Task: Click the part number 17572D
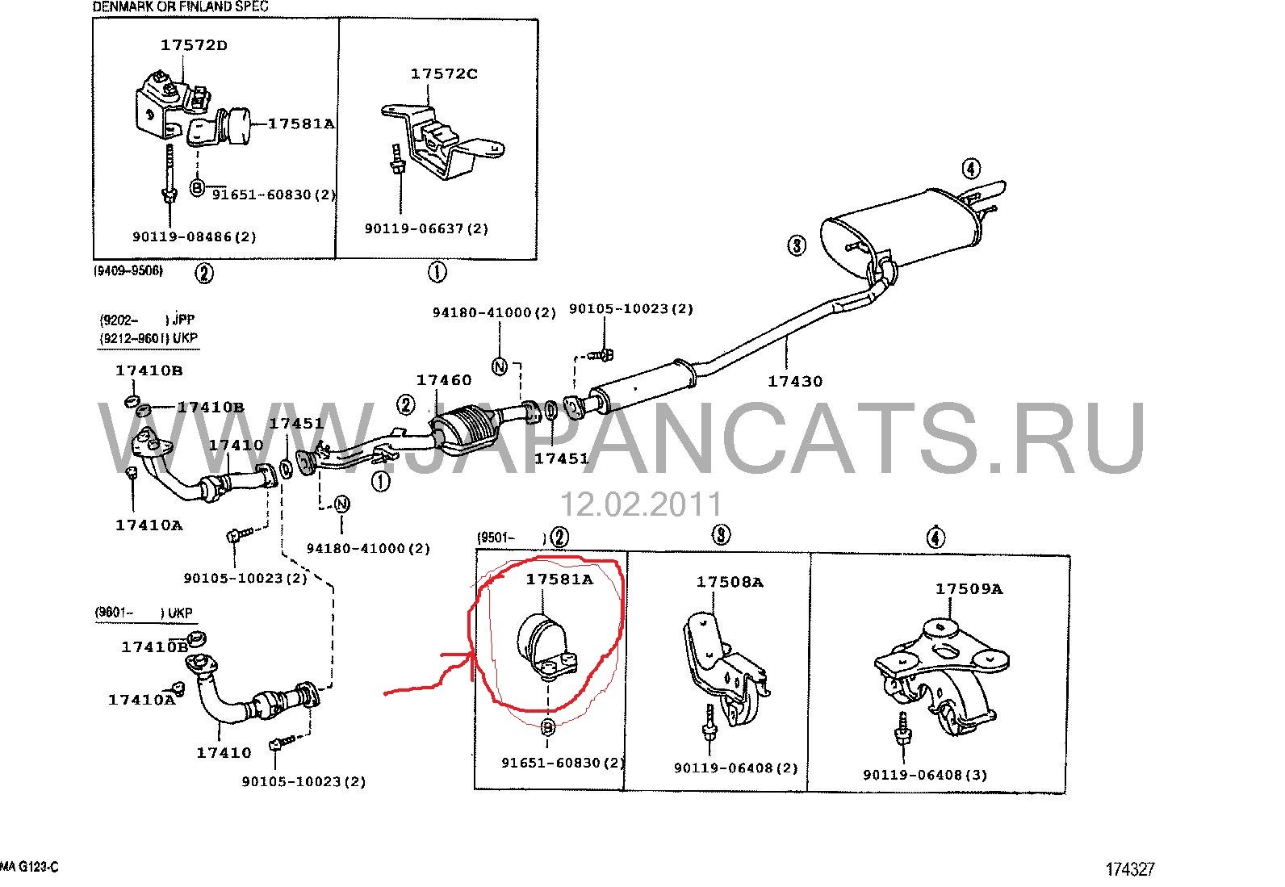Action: pos(194,45)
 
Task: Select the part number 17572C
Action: pos(443,74)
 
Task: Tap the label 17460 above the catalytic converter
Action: pos(443,380)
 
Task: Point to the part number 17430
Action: pos(795,381)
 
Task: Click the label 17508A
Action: pos(730,582)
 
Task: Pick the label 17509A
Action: pos(969,588)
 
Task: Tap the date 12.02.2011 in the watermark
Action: pos(641,504)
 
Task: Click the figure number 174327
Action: pos(1130,870)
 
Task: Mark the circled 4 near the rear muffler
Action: pos(971,169)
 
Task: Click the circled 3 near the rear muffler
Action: pos(796,245)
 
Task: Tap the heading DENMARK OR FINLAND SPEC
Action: pos(180,7)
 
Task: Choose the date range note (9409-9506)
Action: pos(128,270)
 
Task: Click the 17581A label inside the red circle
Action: pos(559,579)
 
